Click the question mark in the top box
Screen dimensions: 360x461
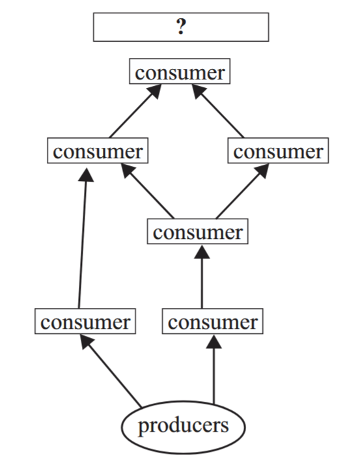click(182, 27)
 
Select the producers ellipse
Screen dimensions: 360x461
click(183, 427)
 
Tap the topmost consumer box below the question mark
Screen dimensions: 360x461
click(180, 71)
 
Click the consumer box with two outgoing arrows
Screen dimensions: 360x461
click(197, 231)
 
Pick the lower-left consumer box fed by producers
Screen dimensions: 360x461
click(85, 321)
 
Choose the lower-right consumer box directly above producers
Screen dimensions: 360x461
click(212, 321)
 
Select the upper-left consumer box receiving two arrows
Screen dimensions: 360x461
click(98, 150)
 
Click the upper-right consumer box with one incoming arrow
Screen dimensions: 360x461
click(278, 150)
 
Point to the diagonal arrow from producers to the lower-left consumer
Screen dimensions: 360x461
click(111, 372)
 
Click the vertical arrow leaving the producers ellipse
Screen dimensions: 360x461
click(214, 369)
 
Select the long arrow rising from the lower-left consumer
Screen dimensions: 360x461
click(83, 238)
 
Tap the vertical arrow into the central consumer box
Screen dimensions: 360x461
click(202, 277)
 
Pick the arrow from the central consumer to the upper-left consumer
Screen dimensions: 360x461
click(148, 191)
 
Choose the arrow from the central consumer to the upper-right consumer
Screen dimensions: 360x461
click(242, 191)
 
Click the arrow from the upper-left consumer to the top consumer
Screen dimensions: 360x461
click(135, 111)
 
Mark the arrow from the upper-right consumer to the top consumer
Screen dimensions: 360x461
click(218, 111)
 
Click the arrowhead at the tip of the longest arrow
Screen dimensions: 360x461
click(86, 175)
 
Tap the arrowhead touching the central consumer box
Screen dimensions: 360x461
click(202, 252)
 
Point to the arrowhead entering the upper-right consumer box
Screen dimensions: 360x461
click(262, 170)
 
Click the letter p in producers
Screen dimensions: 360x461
click(143, 427)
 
